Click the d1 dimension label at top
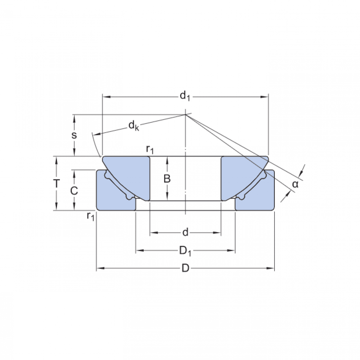[185, 96]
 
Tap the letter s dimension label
[74, 135]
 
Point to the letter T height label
[56, 183]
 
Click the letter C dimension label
[74, 191]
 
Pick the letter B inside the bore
[167, 178]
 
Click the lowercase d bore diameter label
[185, 232]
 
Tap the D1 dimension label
[185, 251]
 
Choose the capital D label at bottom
[185, 268]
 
